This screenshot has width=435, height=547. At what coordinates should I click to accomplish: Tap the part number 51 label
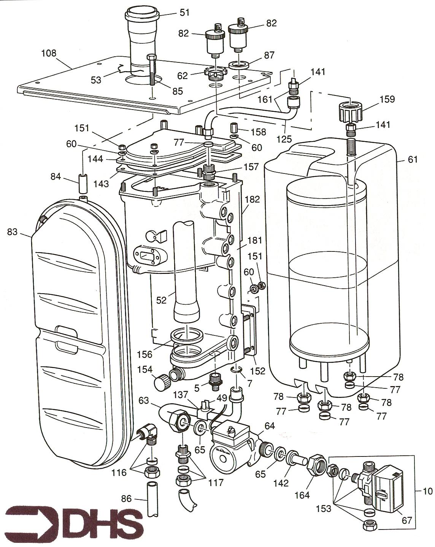(x=184, y=13)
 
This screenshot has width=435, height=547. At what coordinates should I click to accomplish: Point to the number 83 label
(x=12, y=231)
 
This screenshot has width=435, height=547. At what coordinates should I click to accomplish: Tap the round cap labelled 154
(x=161, y=380)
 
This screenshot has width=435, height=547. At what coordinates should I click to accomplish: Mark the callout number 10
(x=427, y=491)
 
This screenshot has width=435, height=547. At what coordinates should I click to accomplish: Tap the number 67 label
(x=406, y=520)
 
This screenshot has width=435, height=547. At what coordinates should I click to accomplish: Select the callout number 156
(x=145, y=354)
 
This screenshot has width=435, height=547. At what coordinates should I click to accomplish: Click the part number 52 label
(x=161, y=300)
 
